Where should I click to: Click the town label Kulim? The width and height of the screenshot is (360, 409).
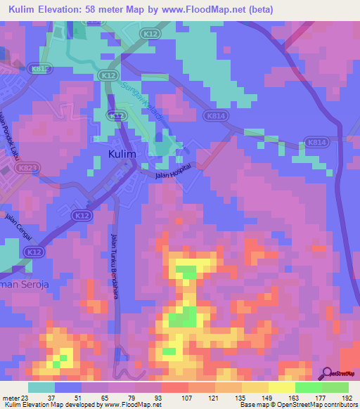(x=122, y=154)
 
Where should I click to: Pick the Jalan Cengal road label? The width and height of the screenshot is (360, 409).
(x=20, y=223)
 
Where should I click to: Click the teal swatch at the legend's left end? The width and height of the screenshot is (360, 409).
(x=41, y=387)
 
